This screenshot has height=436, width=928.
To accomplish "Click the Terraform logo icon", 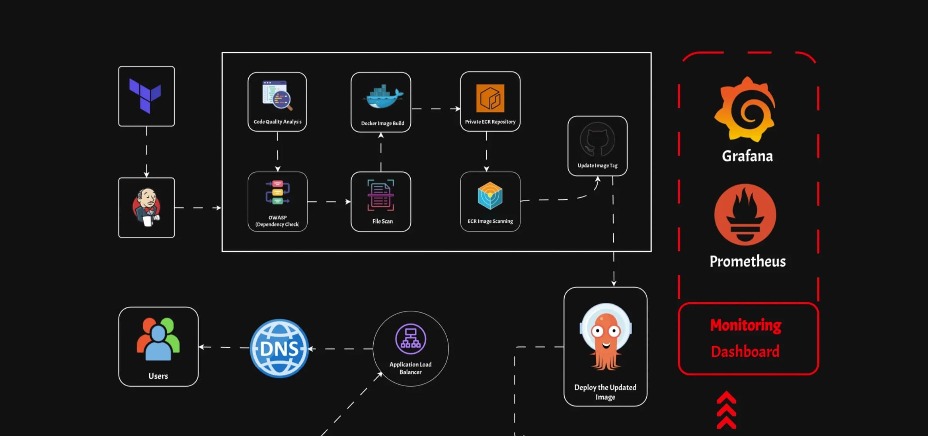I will click(145, 95).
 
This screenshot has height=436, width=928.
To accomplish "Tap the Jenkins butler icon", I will click(146, 207).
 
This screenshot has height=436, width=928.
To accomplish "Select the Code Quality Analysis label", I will click(277, 122).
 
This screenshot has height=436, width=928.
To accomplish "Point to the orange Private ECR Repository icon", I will click(490, 98).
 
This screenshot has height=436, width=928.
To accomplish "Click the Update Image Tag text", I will click(597, 165).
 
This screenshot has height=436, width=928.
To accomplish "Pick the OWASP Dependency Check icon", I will click(277, 193).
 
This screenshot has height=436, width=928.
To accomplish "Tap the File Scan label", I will click(382, 221).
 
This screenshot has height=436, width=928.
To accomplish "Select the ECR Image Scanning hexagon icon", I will click(490, 196).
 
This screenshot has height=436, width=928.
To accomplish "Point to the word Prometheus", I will click(747, 261).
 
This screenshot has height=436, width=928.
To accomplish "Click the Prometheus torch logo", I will click(745, 215).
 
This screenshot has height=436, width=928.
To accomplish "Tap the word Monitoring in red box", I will click(746, 325).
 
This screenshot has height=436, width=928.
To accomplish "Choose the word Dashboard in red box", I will click(745, 352).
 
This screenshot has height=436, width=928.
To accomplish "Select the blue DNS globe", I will click(279, 348).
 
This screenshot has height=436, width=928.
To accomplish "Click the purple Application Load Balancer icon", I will click(411, 339).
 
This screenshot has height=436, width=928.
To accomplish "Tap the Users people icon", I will click(158, 339).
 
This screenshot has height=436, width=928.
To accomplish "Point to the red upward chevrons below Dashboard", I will click(726, 411).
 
